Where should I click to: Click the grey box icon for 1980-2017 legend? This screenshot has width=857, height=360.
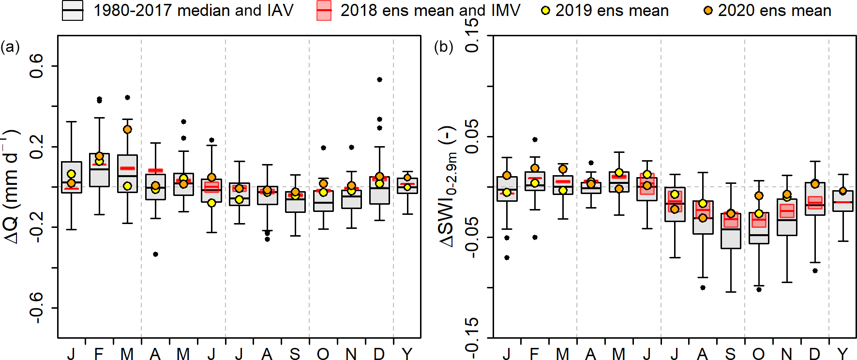[73, 11]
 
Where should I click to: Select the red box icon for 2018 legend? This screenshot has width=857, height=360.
[324, 11]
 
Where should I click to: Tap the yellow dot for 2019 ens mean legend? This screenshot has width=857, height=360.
[545, 11]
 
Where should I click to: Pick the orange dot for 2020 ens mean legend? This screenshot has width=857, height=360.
[708, 11]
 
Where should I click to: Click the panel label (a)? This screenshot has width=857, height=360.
[10, 47]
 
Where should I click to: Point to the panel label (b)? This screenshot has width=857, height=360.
[443, 47]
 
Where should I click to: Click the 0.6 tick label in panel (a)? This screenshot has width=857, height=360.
[37, 66]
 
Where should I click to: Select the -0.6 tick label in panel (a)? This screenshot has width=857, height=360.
[37, 308]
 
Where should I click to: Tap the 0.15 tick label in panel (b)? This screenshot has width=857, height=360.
[472, 36]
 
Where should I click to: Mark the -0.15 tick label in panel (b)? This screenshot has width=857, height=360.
[472, 337]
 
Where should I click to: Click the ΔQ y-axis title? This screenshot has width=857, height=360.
[12, 186]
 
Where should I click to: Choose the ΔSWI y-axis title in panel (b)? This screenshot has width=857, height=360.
[448, 186]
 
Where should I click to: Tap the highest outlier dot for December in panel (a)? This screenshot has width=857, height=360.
[379, 79]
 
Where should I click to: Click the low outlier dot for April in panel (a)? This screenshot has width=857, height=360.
[155, 254]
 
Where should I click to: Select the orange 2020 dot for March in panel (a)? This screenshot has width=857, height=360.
[127, 129]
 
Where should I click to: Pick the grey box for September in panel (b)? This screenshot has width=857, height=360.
[731, 231]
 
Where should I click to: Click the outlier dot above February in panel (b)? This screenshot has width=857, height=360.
[535, 139]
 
